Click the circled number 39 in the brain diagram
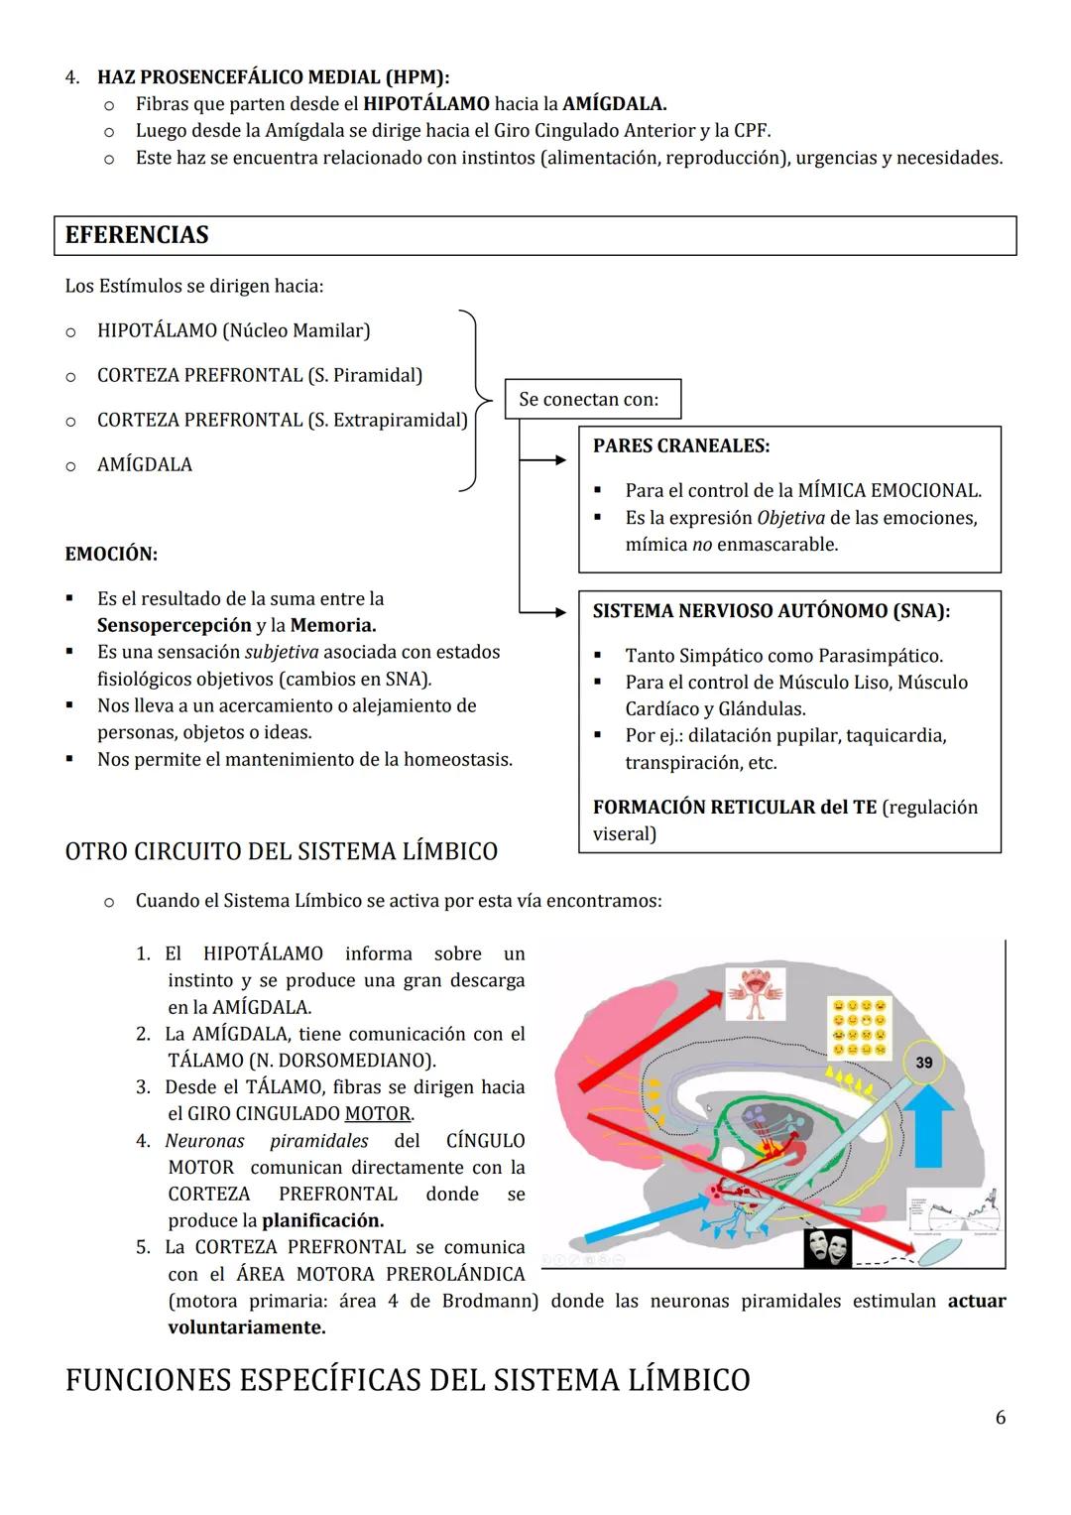[923, 1063]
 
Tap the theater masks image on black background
[828, 1247]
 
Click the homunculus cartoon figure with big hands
[756, 993]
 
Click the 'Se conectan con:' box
[592, 400]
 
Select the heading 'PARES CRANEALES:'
[680, 446]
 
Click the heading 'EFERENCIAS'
[137, 235]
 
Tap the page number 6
[1000, 1418]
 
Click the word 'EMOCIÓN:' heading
[111, 554]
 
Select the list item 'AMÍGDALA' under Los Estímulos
[145, 464]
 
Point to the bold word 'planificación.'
[322, 1220]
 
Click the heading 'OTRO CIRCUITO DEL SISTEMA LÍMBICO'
[281, 851]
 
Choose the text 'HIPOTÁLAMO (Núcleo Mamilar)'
[233, 330]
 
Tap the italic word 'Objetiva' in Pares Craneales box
[789, 518]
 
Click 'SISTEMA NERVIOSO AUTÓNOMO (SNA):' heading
[771, 611]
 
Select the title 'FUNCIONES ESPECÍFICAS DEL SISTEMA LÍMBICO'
[407, 1380]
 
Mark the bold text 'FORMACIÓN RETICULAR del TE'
[734, 808]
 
